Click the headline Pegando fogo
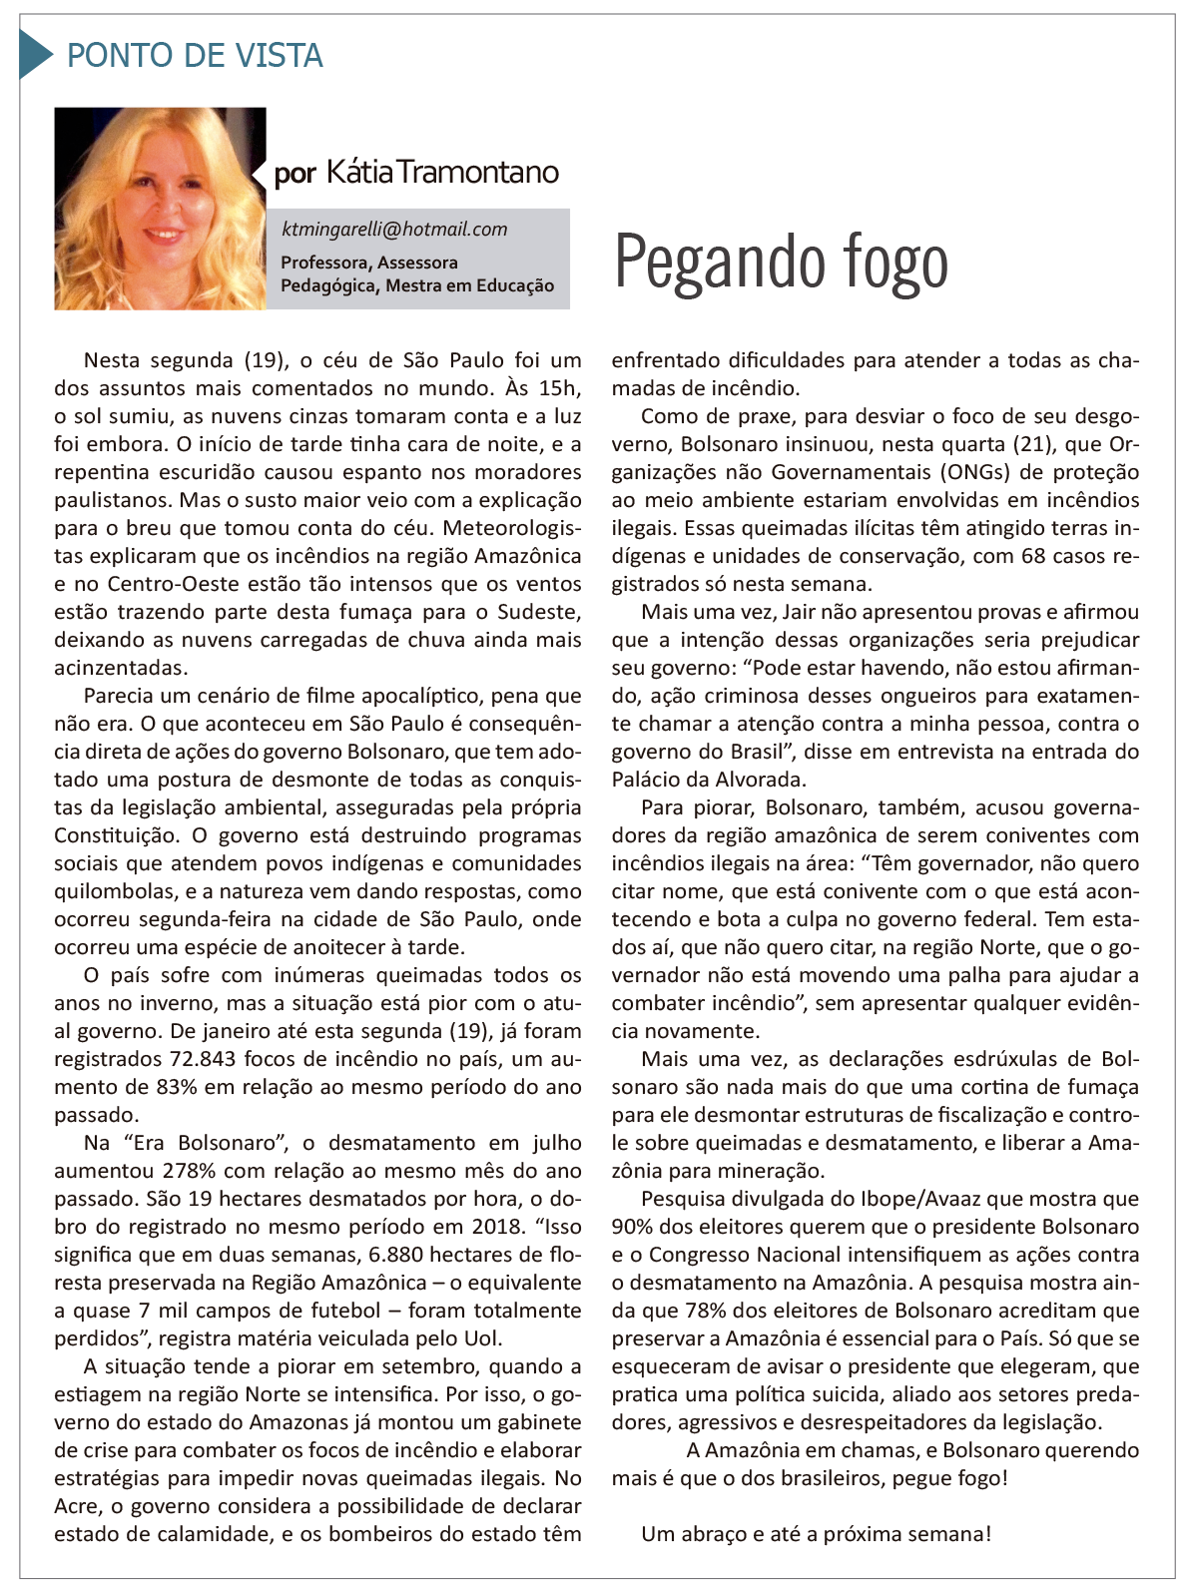coord(781,263)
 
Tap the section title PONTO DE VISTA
coord(195,56)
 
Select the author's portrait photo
coord(160,209)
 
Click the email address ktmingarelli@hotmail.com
coord(394,230)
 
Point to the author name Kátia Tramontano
coord(442,173)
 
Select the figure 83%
coord(176,1087)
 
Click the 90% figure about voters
coord(631,1227)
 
